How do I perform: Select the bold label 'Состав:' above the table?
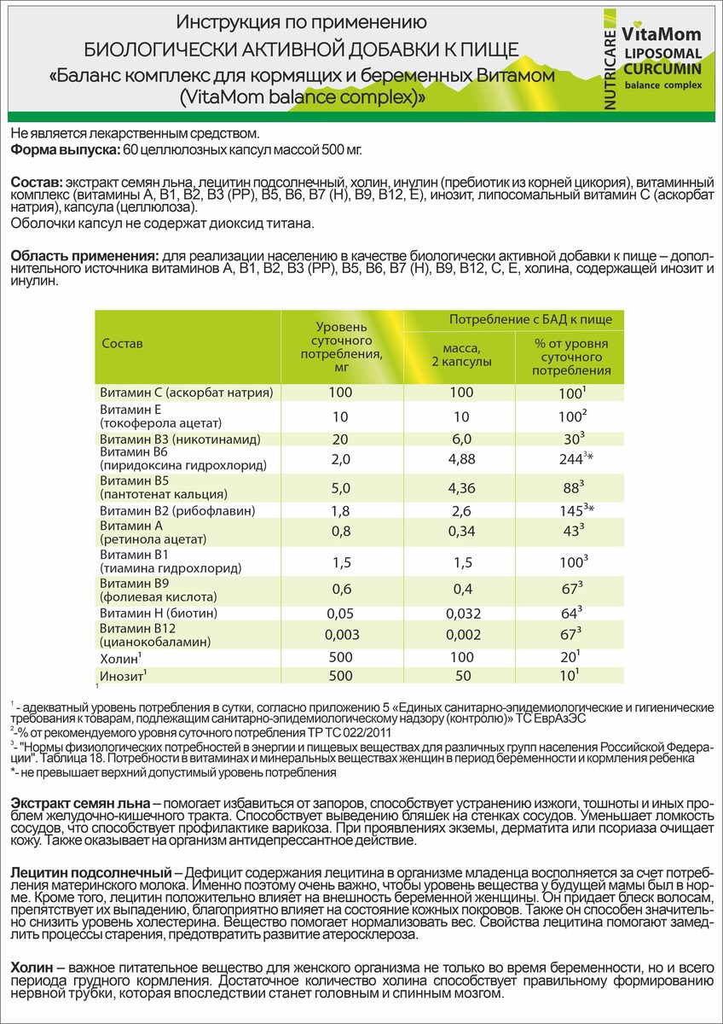pos(37,183)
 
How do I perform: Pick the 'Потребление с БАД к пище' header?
pos(531,320)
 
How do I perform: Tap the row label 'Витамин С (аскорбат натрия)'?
pos(186,393)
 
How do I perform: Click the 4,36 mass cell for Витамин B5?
pos(460,487)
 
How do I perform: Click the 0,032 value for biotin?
pos(460,613)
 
